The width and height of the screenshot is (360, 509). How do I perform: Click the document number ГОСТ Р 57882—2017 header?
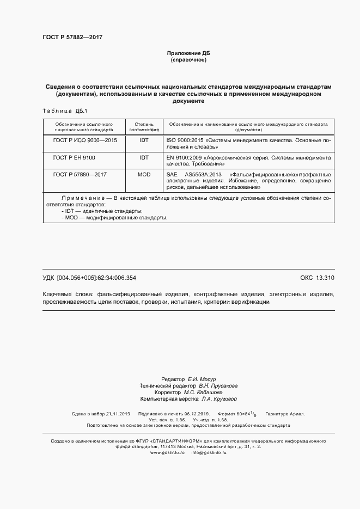click(72, 38)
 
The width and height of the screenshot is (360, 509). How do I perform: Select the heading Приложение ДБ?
click(188, 53)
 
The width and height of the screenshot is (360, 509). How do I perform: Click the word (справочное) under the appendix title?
click(188, 59)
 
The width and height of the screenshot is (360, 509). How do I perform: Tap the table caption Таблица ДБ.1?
click(62, 111)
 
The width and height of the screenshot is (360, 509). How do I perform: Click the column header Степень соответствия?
click(144, 127)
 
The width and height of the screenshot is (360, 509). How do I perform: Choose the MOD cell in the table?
click(144, 175)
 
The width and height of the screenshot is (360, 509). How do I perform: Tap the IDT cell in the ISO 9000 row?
click(144, 140)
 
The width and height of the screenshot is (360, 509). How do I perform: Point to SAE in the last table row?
click(172, 175)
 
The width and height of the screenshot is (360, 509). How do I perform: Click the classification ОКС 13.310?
click(317, 278)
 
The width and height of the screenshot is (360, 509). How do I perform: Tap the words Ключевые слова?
click(68, 294)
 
